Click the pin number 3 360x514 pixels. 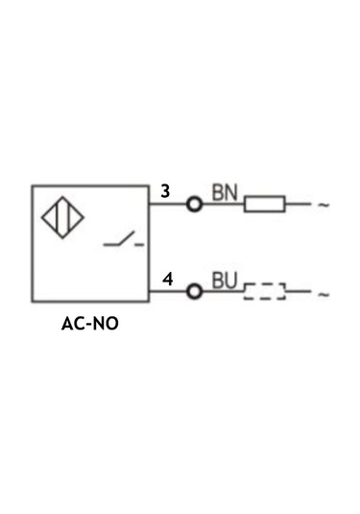point(165,191)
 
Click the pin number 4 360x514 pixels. point(167,281)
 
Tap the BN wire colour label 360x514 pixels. point(224,192)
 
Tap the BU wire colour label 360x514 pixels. point(224,281)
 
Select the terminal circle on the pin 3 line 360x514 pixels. point(195,204)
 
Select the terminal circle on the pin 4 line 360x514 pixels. point(195,291)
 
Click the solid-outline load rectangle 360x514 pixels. point(265,204)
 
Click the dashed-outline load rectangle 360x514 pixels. point(265,291)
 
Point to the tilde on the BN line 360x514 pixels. point(324,205)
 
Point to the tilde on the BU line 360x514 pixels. point(324,293)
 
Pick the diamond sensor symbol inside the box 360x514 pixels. point(61,218)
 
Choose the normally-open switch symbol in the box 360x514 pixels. point(124,241)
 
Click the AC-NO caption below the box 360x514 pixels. point(90,324)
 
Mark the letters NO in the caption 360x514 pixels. point(106,324)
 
